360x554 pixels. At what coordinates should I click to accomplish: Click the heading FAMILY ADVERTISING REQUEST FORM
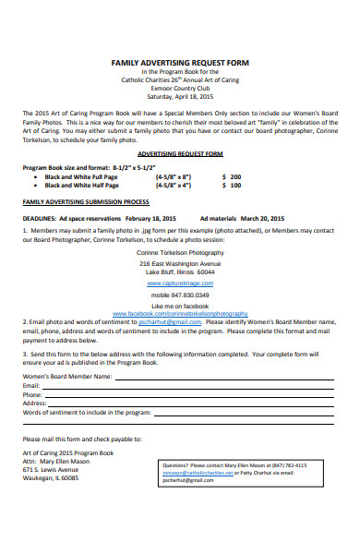(179, 61)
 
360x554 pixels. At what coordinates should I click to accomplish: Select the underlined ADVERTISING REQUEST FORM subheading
(180, 153)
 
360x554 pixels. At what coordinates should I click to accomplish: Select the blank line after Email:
(185, 386)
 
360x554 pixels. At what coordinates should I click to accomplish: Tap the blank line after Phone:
(185, 395)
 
